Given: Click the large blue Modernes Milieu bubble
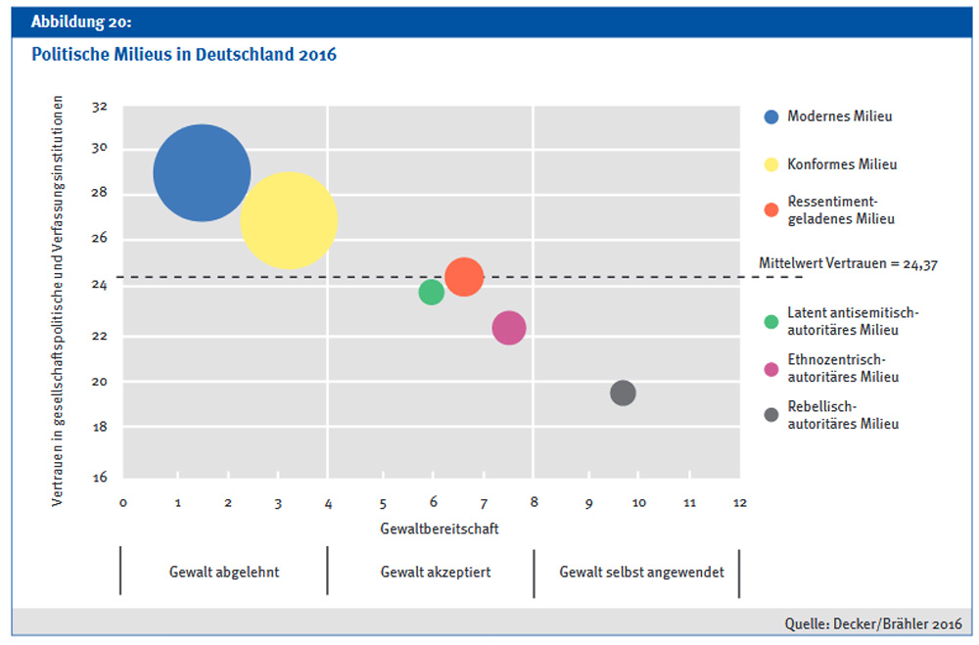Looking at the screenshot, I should (x=202, y=173).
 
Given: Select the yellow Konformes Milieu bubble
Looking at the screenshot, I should (x=289, y=220).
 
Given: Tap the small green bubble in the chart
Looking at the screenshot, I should (x=432, y=292).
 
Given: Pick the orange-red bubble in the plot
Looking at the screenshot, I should (x=464, y=277).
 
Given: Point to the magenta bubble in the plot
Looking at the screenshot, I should (x=509, y=328).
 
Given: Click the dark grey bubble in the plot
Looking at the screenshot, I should (x=623, y=392).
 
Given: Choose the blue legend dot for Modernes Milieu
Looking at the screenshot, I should (x=771, y=116).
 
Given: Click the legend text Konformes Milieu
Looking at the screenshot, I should (x=842, y=164).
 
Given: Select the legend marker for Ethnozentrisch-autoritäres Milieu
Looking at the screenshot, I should (x=771, y=369).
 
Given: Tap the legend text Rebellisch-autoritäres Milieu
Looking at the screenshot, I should (x=843, y=415).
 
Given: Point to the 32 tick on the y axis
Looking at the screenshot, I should (x=100, y=107).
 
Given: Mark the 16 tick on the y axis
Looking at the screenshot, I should (x=100, y=477).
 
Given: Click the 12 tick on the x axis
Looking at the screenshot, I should (x=739, y=503).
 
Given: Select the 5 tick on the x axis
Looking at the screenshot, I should (x=383, y=503).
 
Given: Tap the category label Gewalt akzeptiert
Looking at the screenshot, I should (x=430, y=573).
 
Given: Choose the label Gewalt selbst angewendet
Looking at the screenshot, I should (x=641, y=573).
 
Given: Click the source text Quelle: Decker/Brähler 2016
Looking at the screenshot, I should (x=872, y=623).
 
